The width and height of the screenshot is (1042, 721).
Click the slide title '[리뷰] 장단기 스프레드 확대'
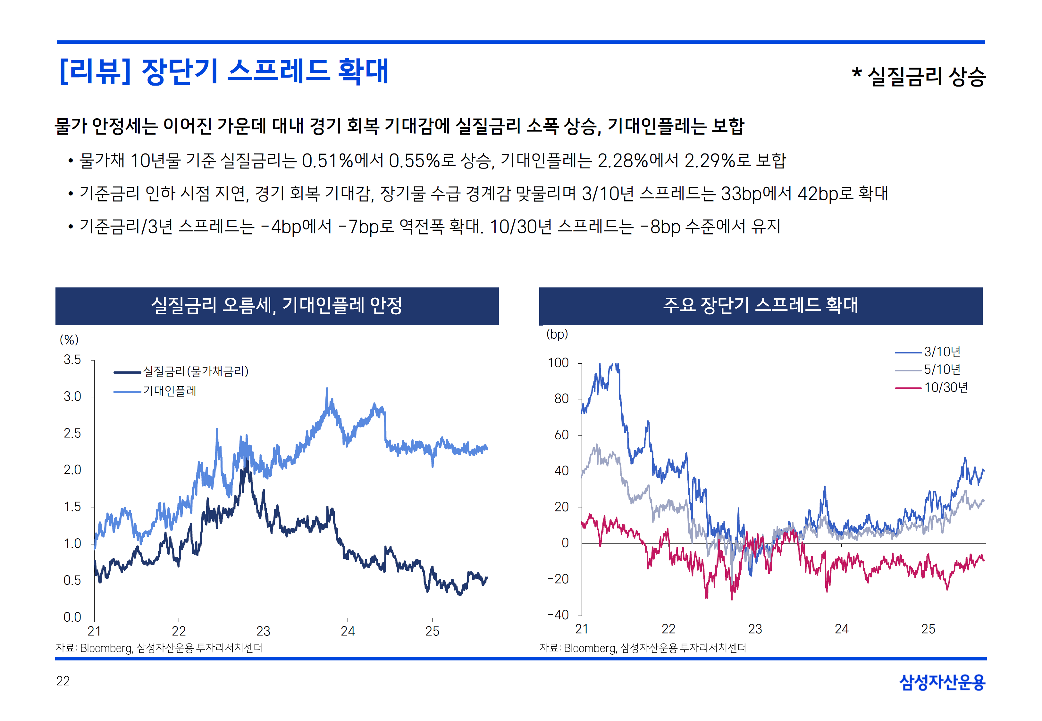pyautogui.click(x=224, y=71)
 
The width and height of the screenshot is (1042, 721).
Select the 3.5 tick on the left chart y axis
pyautogui.click(x=72, y=360)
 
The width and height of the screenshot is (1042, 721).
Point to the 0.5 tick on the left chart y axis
pyautogui.click(x=72, y=581)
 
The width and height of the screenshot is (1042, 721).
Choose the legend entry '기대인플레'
pyautogui.click(x=170, y=391)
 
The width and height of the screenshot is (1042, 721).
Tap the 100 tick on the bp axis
pyautogui.click(x=558, y=363)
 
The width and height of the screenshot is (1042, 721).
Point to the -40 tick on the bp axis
pyautogui.click(x=558, y=615)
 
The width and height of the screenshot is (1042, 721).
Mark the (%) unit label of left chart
pyautogui.click(x=69, y=340)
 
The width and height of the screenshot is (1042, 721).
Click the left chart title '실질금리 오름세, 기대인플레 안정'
pyautogui.click(x=277, y=306)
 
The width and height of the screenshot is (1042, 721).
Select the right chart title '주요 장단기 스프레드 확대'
pyautogui.click(x=760, y=306)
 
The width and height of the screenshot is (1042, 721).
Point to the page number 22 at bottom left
pyautogui.click(x=63, y=681)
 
